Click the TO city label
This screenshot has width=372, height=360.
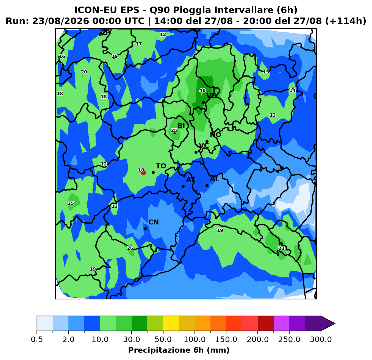click(x=161, y=166)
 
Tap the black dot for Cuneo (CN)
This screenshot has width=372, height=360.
click(x=145, y=229)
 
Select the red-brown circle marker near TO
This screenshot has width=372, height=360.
click(x=143, y=173)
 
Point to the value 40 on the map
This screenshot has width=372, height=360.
click(x=202, y=91)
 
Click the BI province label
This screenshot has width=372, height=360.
click(x=181, y=126)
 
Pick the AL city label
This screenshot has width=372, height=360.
click(x=214, y=179)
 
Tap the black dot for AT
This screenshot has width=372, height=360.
click(x=183, y=187)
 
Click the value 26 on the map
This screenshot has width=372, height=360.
click(x=130, y=248)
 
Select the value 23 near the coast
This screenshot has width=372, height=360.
click(x=281, y=248)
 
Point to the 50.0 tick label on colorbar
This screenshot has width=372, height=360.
click(x=163, y=340)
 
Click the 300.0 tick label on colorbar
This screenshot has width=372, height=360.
click(x=321, y=340)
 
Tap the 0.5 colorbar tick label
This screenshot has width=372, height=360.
click(x=37, y=340)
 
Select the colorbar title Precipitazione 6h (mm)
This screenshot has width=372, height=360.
click(x=179, y=350)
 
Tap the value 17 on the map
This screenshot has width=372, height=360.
click(x=139, y=44)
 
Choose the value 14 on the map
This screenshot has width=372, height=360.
click(x=292, y=91)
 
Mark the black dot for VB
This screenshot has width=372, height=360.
click(x=203, y=103)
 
